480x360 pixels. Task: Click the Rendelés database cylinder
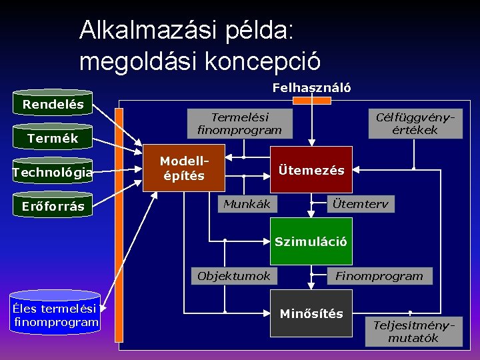53,104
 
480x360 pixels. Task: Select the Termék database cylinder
53,138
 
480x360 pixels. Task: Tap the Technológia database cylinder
53,173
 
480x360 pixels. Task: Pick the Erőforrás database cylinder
53,206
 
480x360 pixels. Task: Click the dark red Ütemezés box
311,170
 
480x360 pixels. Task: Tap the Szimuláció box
311,241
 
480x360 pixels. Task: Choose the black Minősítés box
311,313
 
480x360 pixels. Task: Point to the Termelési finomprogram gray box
239,123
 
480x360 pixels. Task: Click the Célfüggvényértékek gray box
415,123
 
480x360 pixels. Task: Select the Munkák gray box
247,204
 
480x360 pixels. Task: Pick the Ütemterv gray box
361,204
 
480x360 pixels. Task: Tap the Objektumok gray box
234,276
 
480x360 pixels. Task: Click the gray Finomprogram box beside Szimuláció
379,276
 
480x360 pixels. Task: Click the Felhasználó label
311,88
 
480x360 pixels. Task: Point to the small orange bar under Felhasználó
311,101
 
